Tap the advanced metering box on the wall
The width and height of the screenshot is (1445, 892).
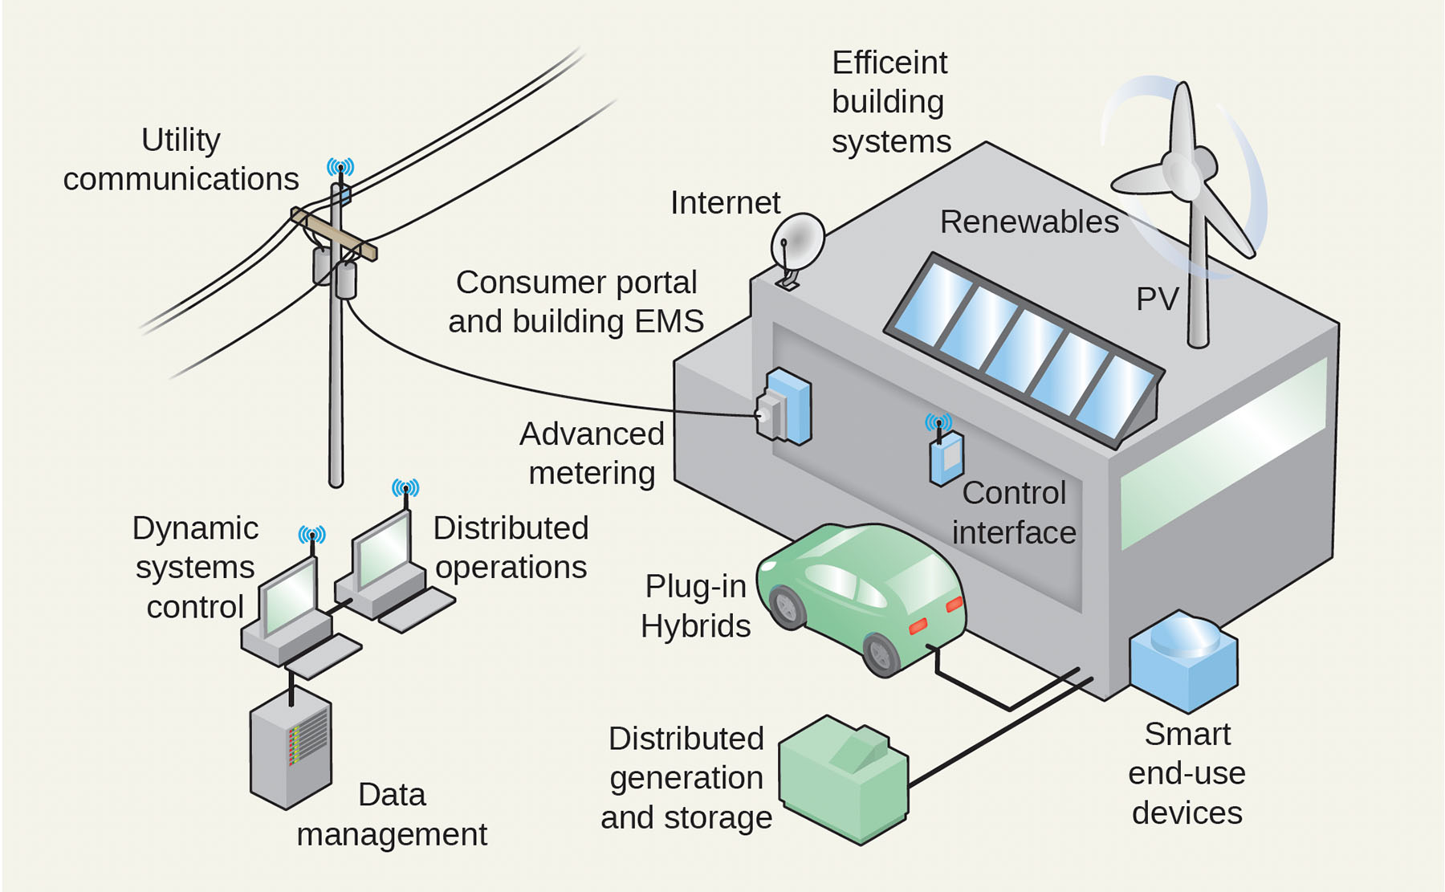tap(785, 407)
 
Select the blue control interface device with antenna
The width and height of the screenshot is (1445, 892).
tap(946, 458)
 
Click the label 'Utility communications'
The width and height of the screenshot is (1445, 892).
tap(181, 160)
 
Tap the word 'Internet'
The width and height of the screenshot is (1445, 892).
tap(725, 203)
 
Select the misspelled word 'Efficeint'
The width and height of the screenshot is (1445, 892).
tap(889, 63)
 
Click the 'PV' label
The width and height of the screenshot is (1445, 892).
tap(1156, 299)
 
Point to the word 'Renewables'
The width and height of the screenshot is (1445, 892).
tap(1028, 222)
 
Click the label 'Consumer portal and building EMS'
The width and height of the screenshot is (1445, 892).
tap(576, 302)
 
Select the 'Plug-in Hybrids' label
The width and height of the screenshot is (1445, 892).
tap(695, 606)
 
